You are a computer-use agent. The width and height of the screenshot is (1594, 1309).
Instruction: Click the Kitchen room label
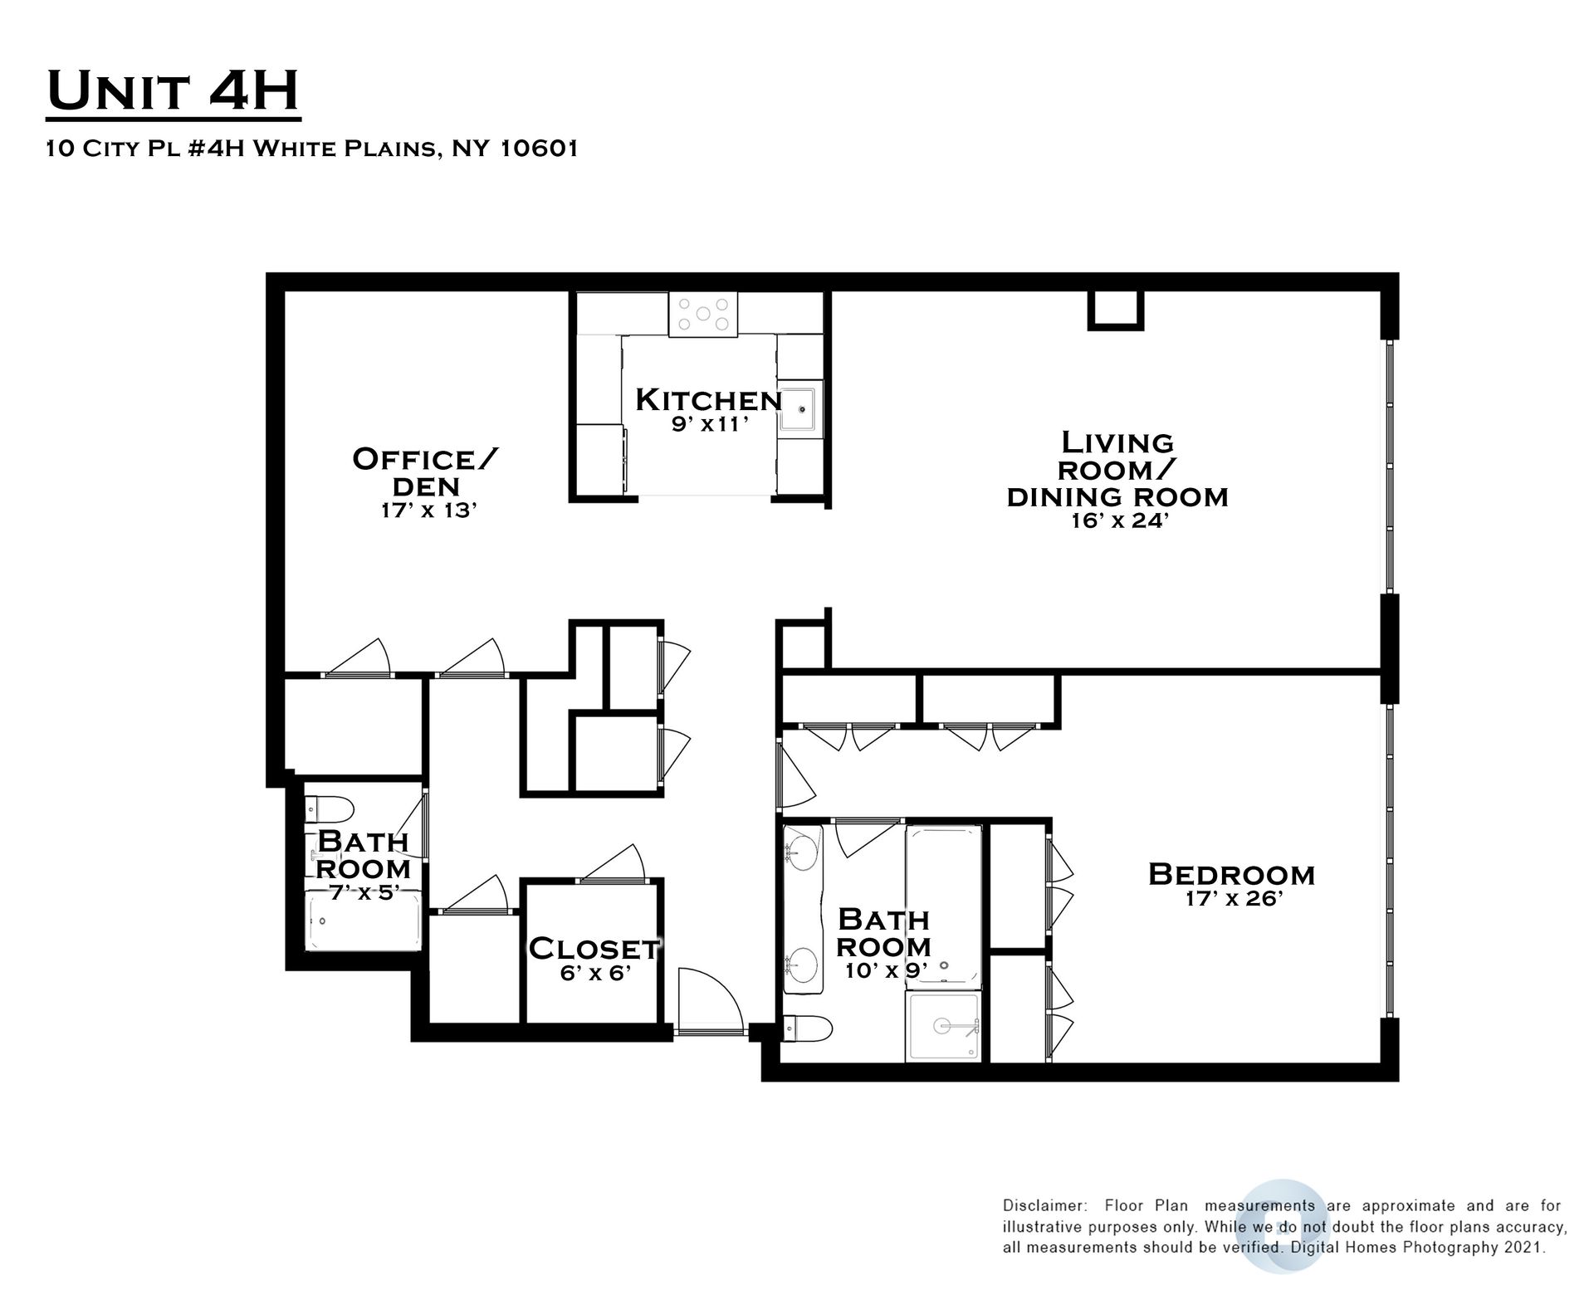pos(708,400)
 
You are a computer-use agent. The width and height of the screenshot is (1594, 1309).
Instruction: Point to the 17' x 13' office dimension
pos(428,510)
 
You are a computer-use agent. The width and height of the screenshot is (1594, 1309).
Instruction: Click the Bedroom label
pos(1231,874)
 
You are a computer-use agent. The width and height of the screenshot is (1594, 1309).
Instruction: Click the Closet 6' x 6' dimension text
pos(596,973)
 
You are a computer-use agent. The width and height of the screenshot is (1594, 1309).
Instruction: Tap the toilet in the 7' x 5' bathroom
pos(330,808)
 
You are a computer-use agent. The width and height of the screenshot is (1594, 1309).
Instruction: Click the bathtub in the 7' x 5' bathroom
pos(364,921)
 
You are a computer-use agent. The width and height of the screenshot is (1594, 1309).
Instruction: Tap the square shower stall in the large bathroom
pos(943,1027)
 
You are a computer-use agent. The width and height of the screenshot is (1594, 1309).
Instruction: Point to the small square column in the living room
pos(1116,310)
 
